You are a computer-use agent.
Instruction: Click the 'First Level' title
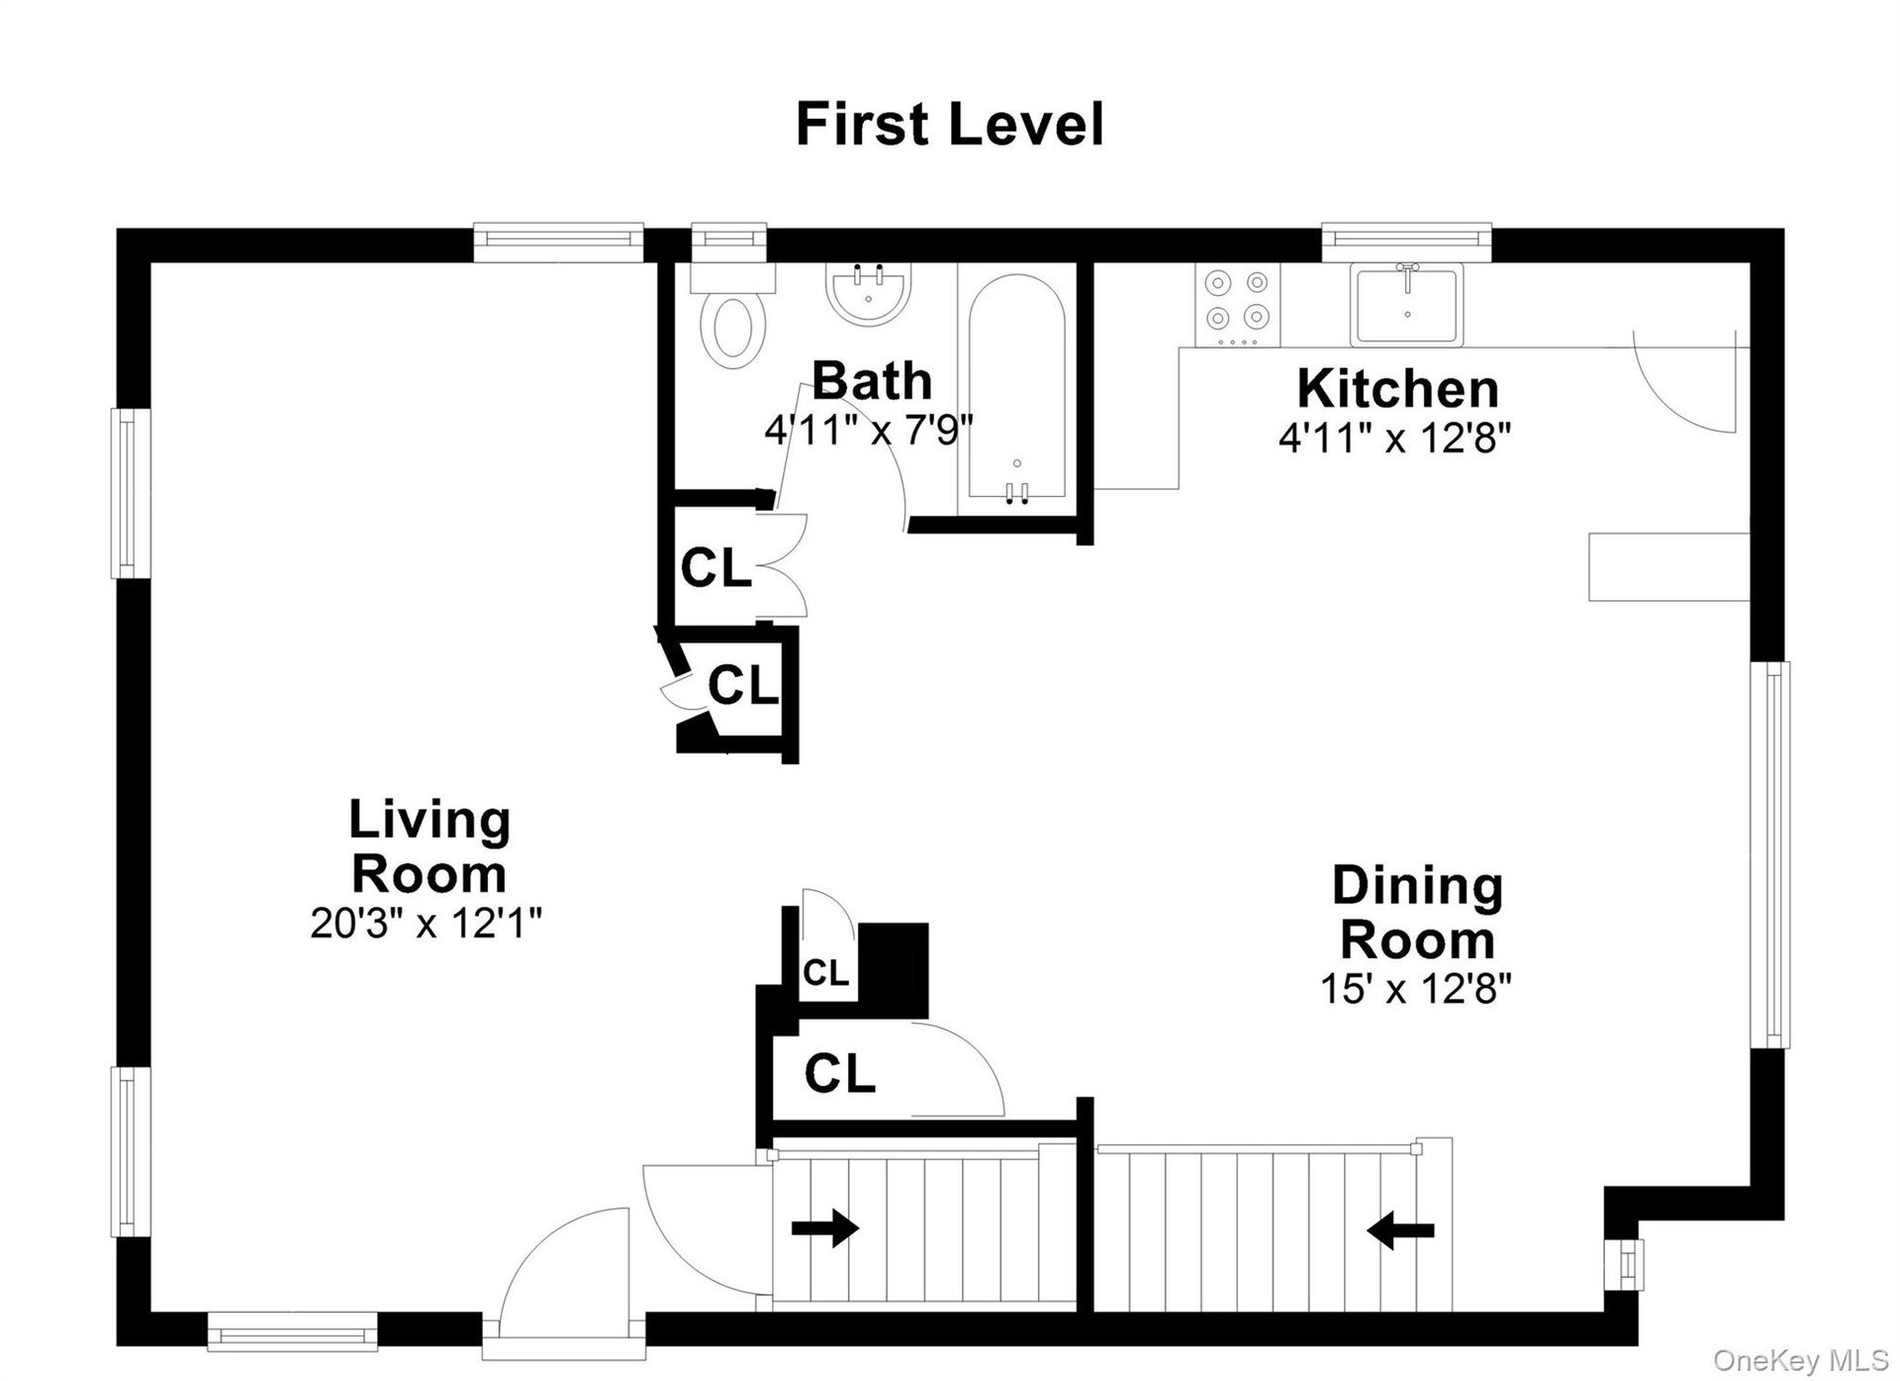[949, 125]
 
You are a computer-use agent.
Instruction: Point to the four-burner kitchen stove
[1237, 306]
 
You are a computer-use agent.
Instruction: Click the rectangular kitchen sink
[1406, 304]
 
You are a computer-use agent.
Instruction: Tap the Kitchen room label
[1397, 389]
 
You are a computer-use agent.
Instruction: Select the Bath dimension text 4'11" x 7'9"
[869, 431]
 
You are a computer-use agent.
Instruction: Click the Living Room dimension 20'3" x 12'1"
[427, 923]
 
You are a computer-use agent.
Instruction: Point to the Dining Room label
[1417, 912]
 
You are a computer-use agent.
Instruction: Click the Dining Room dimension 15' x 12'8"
[1416, 988]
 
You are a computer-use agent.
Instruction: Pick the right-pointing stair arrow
[825, 1229]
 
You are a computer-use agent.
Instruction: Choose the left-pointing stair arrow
[1400, 1231]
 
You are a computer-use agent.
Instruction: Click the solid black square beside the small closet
[893, 970]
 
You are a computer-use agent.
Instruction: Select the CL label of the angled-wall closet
[743, 685]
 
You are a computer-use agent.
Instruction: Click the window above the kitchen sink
[1406, 238]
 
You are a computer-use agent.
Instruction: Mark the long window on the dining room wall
[1769, 854]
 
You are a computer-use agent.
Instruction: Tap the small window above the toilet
[729, 239]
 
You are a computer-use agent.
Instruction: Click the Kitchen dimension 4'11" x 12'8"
[1395, 437]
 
